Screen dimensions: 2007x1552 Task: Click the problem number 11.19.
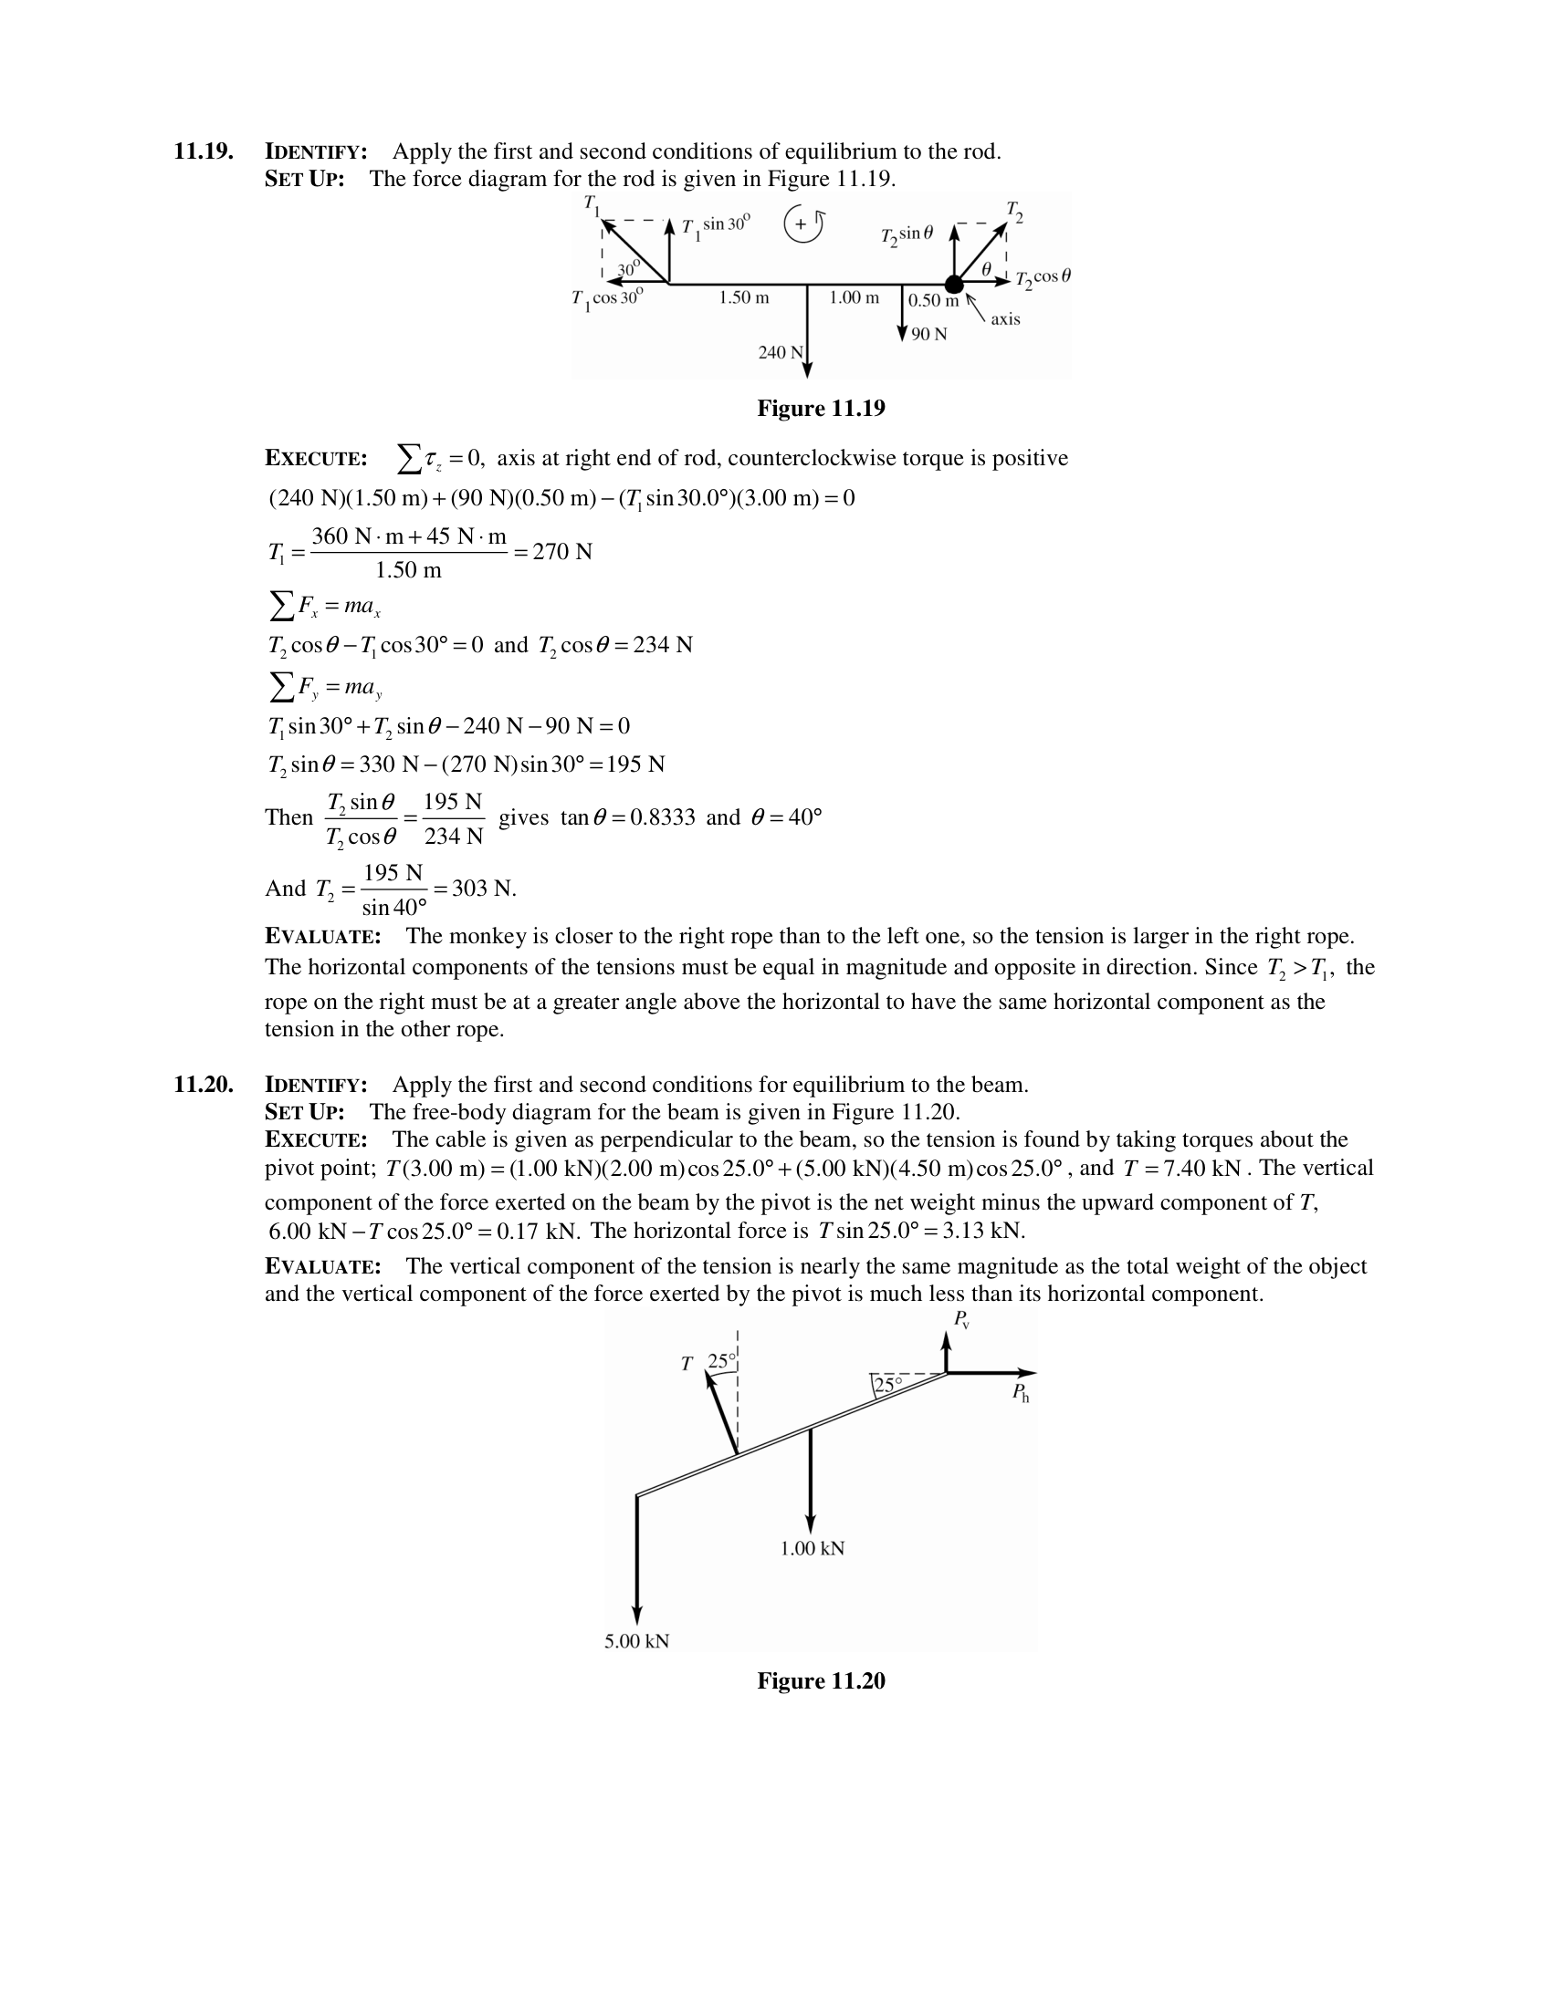pyautogui.click(x=204, y=151)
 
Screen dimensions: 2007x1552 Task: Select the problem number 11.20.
pyautogui.click(x=204, y=1086)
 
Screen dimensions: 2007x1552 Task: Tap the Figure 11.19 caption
pyautogui.click(x=820, y=409)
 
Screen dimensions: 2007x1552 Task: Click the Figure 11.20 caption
pyautogui.click(x=820, y=1681)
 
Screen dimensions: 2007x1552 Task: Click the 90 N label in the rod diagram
pyautogui.click(x=929, y=335)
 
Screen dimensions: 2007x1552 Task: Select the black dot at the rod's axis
pyautogui.click(x=954, y=284)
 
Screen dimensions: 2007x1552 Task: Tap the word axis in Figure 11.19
pyautogui.click(x=1005, y=319)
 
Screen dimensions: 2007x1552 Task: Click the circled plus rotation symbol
pyautogui.click(x=802, y=224)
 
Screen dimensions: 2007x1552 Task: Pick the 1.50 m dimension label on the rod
pyautogui.click(x=744, y=297)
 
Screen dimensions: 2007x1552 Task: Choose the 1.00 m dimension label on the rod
pyautogui.click(x=855, y=297)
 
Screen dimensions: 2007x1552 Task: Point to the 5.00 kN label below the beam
pyautogui.click(x=636, y=1641)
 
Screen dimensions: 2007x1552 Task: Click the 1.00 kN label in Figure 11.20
pyautogui.click(x=812, y=1548)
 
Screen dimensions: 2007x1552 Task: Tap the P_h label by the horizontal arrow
pyautogui.click(x=1021, y=1393)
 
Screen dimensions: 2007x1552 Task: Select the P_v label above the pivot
pyautogui.click(x=961, y=1320)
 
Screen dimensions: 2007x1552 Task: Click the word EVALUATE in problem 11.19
pyautogui.click(x=322, y=937)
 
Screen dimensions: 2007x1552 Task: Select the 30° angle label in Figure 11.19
pyautogui.click(x=629, y=268)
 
